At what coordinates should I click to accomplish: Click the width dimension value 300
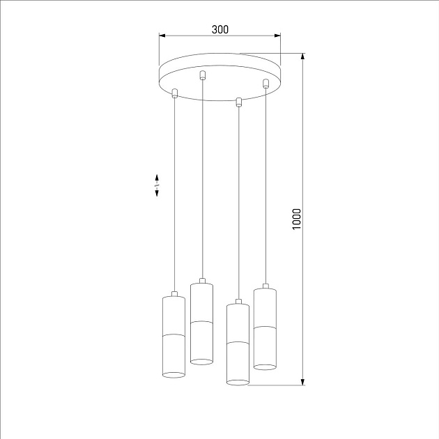tap(220, 29)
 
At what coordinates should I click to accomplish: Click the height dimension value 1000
tap(297, 219)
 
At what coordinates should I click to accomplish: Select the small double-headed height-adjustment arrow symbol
tap(157, 185)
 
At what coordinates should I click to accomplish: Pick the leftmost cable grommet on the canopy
tap(175, 93)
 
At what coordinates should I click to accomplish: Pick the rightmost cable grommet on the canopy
tap(265, 84)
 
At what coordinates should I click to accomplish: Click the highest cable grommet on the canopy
tap(203, 75)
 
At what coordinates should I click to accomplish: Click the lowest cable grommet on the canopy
tap(239, 102)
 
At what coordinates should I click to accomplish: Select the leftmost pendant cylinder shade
tap(174, 336)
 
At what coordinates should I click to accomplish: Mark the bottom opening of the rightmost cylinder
tap(265, 364)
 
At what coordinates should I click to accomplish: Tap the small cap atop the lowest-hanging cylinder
tap(238, 302)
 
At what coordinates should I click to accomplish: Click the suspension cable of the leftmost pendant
tap(175, 195)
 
